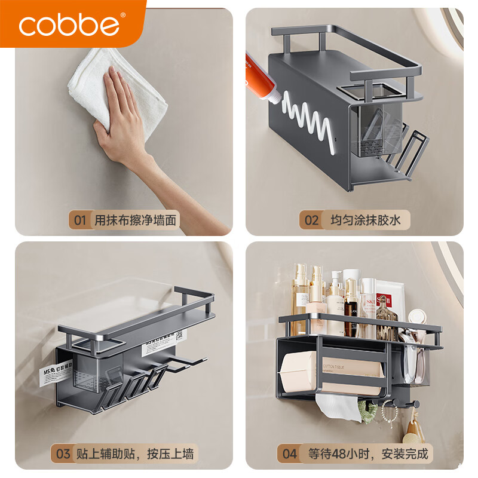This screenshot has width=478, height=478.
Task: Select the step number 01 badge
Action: point(79,220)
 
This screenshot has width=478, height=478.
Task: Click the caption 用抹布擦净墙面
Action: point(136,220)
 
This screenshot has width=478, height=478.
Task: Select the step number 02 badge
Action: point(312,220)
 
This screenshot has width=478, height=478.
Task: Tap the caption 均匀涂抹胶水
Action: point(366,220)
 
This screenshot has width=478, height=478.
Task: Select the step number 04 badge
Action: point(289,454)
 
